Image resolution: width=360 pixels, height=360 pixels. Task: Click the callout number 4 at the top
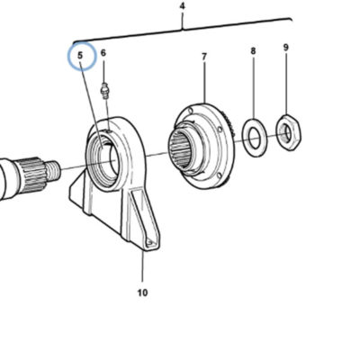coord(183,6)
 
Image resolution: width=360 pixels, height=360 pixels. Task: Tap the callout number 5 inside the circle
coord(80,56)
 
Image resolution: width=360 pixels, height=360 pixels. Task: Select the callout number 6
coord(103,53)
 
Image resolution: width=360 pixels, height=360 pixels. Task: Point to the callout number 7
coord(204,57)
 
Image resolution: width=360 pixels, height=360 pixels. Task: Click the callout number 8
coord(253,51)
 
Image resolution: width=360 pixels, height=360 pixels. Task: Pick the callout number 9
coord(285,48)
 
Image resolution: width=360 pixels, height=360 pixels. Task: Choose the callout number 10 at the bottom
coord(143,292)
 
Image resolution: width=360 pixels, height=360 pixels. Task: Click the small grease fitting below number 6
coord(104,91)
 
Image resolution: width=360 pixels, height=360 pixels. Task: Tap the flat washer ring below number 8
coord(255,138)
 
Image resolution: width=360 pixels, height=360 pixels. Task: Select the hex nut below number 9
coord(288,132)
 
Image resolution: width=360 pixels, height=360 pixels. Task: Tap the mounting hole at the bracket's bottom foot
coord(150,243)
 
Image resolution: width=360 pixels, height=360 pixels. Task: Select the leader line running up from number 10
coord(142,268)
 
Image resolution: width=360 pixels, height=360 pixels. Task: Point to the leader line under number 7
coord(204,83)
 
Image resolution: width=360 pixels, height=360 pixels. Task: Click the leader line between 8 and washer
coord(254,88)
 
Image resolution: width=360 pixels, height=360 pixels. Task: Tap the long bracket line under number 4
coord(183,29)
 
